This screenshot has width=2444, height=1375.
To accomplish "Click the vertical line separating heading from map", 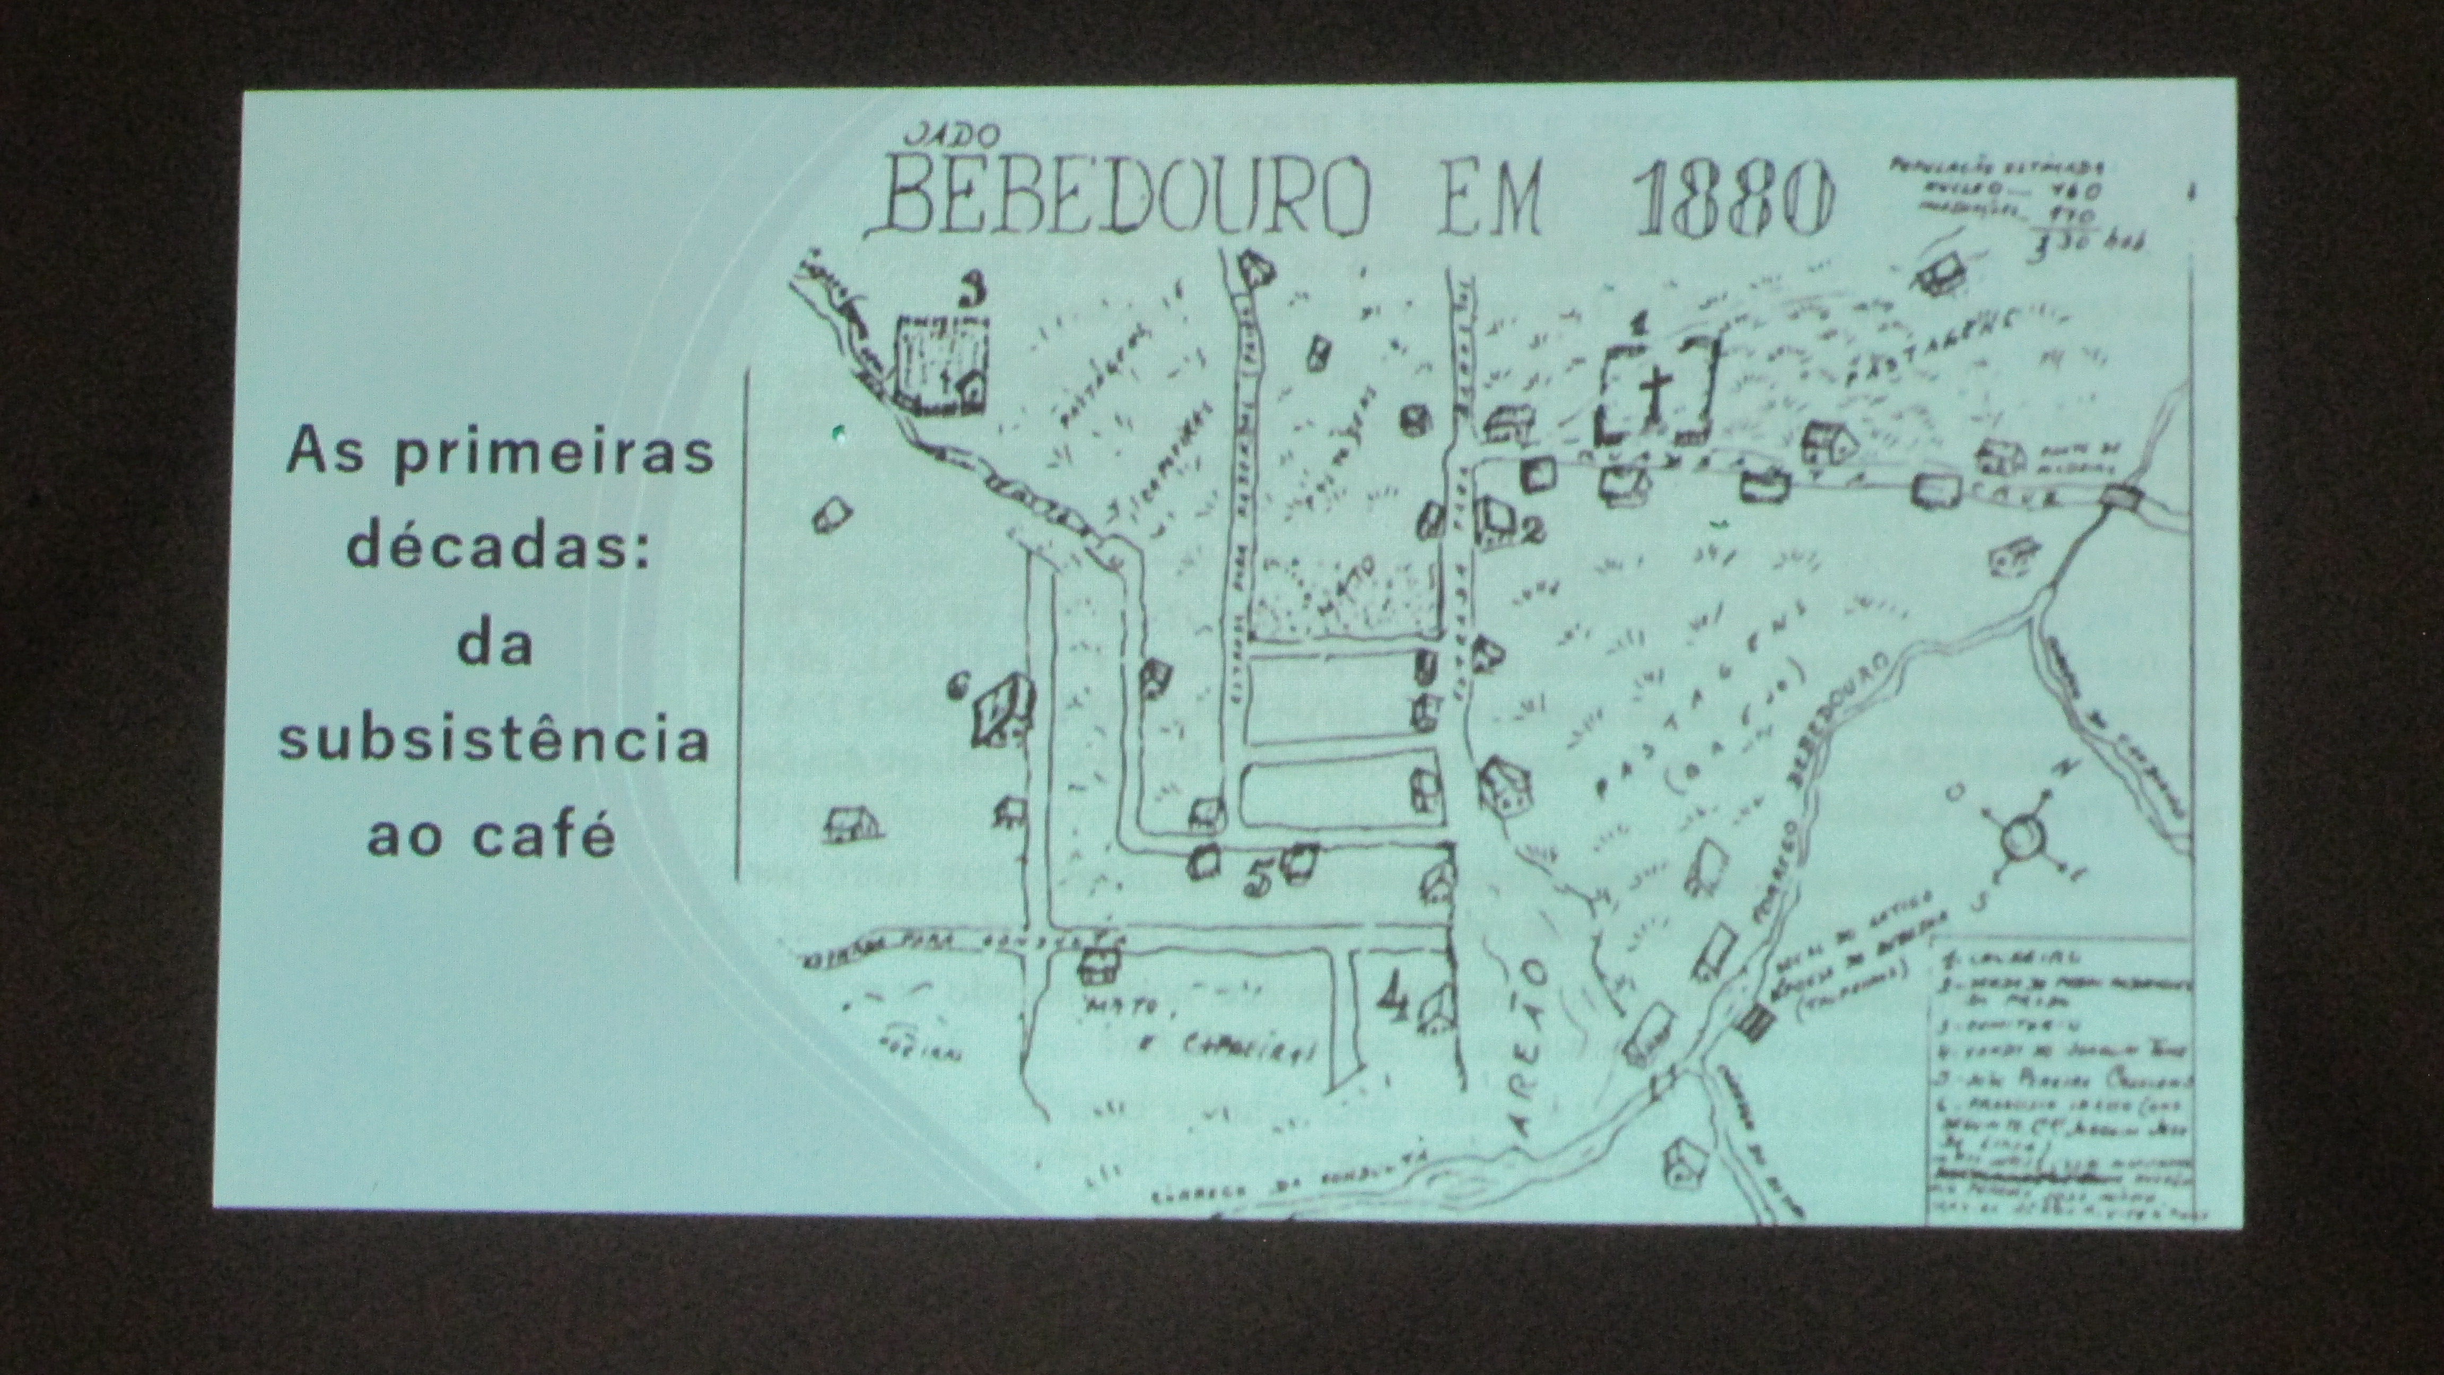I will click(x=740, y=622).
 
